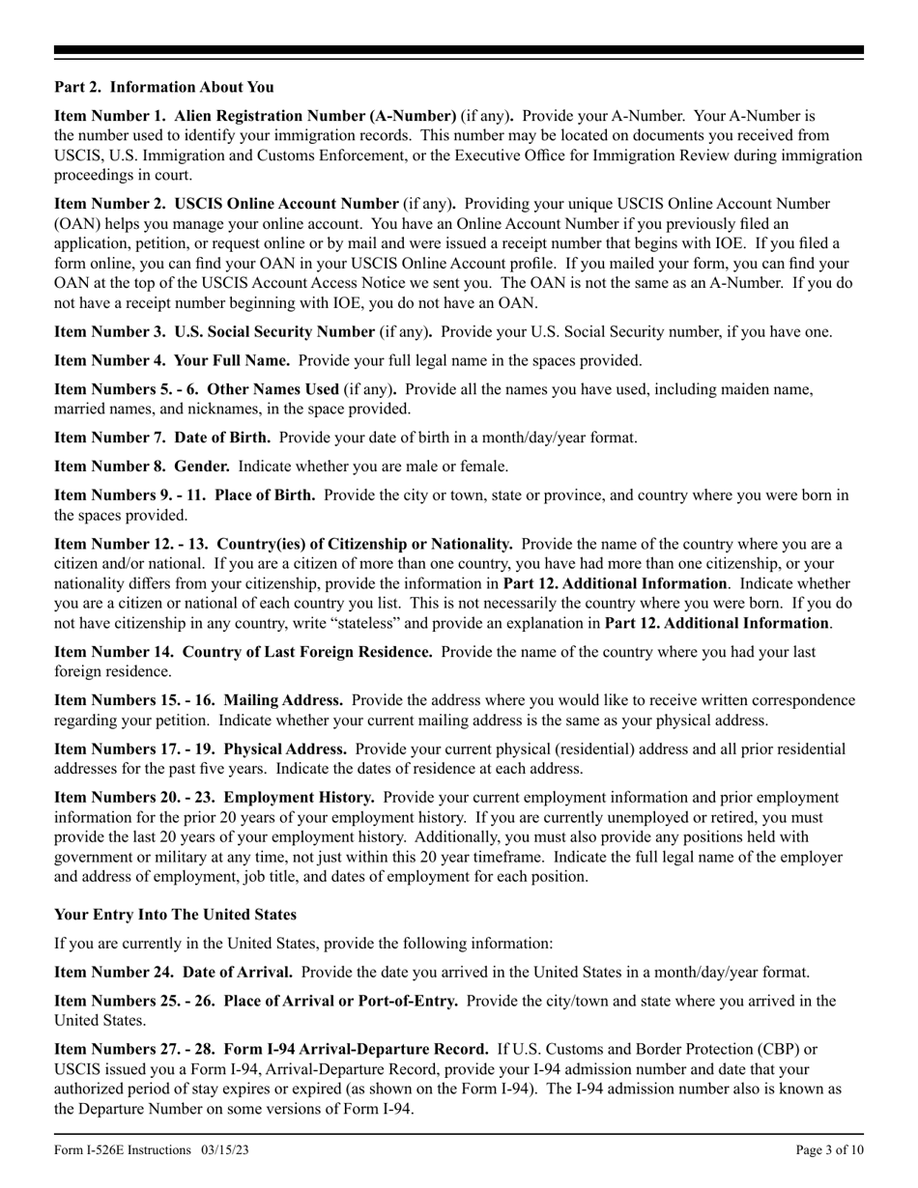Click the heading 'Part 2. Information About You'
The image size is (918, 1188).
click(x=164, y=88)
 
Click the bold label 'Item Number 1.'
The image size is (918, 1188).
click(x=110, y=116)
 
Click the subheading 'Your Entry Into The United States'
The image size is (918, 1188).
click(x=175, y=914)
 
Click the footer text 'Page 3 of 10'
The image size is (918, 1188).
click(x=829, y=1149)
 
